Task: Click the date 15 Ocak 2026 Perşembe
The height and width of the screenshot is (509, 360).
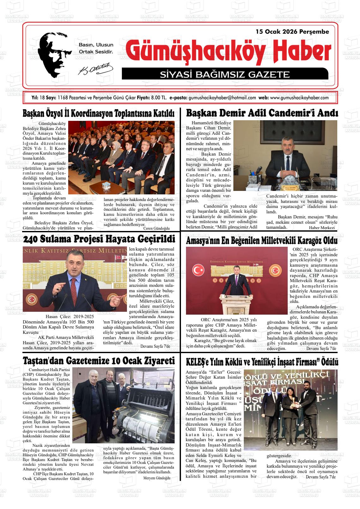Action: (292, 32)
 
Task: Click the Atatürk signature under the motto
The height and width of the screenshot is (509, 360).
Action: (95, 68)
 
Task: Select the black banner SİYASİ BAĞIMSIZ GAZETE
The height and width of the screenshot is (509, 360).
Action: (225, 74)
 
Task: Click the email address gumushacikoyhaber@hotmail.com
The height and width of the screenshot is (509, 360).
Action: (222, 98)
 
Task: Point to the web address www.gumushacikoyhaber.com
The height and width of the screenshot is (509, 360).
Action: (299, 98)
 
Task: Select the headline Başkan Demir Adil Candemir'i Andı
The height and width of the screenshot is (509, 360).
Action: (262, 113)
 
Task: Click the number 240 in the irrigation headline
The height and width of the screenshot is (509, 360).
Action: (31, 239)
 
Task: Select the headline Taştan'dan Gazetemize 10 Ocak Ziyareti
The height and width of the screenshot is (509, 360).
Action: (99, 361)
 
